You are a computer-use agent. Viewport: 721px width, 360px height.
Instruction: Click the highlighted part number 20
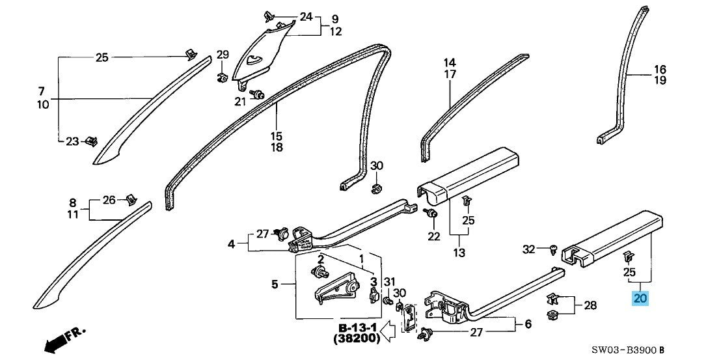click(x=640, y=299)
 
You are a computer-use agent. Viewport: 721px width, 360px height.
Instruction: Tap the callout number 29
click(x=223, y=54)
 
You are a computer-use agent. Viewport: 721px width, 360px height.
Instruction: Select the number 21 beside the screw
click(x=241, y=101)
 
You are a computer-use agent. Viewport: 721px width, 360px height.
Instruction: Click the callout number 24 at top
click(x=306, y=16)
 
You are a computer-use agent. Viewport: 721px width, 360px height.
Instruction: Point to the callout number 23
click(x=72, y=141)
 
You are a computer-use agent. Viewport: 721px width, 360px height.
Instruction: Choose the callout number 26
click(x=109, y=199)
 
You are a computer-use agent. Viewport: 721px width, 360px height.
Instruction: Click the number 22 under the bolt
click(x=434, y=236)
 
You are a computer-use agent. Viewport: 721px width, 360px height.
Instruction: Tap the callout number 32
click(x=529, y=249)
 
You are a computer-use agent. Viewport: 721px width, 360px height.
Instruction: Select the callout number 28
click(x=590, y=305)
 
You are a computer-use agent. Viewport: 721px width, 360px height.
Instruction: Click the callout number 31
click(x=389, y=281)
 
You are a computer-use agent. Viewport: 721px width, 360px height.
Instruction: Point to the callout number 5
click(x=275, y=284)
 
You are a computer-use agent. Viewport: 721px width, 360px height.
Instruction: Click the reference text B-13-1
click(x=357, y=326)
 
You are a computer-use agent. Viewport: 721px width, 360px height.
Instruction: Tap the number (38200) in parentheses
click(x=357, y=339)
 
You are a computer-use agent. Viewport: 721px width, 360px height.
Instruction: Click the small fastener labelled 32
click(x=552, y=248)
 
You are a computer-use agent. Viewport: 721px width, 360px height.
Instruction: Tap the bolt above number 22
click(x=430, y=214)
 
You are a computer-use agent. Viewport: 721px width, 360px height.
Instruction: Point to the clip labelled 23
click(x=92, y=140)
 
